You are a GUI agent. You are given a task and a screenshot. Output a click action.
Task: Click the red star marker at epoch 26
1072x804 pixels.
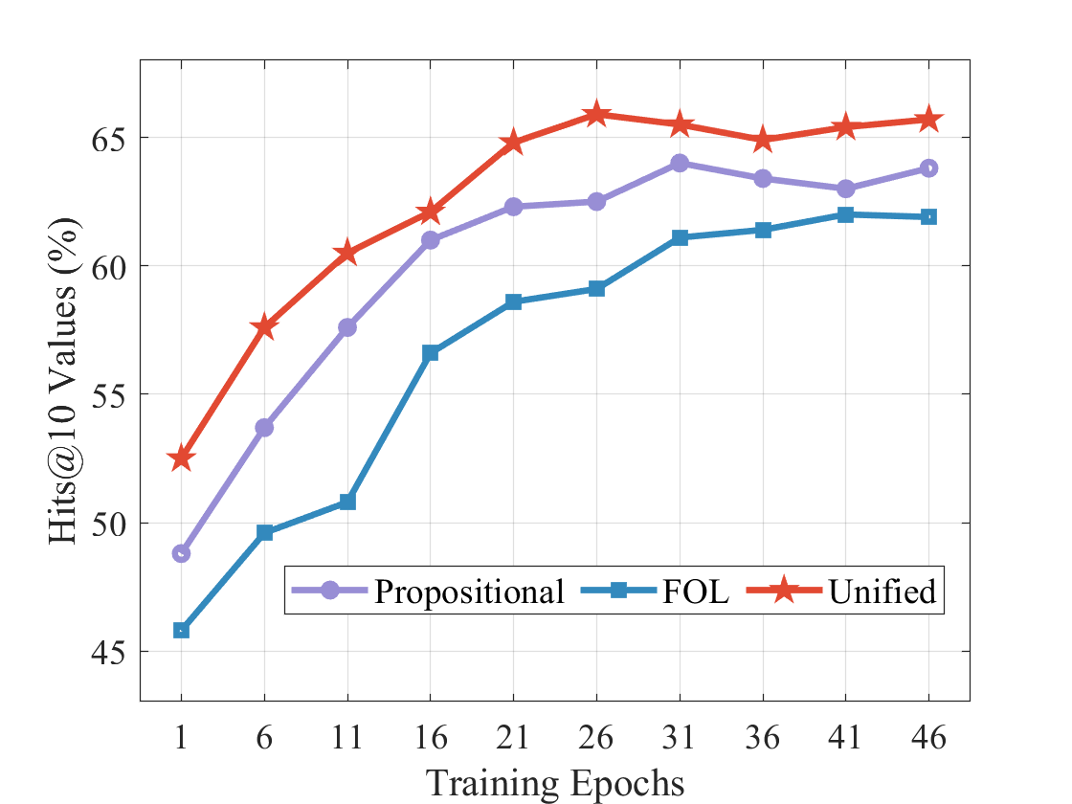(596, 114)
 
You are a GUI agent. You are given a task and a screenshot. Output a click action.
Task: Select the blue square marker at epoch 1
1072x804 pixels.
(182, 630)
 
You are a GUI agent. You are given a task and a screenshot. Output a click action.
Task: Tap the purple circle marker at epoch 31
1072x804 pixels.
(680, 163)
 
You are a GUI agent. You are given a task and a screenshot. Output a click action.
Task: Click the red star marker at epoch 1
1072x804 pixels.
(182, 458)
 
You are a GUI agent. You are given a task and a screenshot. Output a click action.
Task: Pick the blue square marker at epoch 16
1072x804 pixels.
(431, 353)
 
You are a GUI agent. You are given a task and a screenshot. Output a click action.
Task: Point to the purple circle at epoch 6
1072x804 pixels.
(264, 427)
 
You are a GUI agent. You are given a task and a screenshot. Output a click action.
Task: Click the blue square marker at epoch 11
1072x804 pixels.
(347, 502)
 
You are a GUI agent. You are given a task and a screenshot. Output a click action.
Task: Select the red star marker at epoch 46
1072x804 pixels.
(928, 120)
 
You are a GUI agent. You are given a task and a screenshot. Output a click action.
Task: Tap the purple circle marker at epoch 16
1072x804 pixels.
(431, 240)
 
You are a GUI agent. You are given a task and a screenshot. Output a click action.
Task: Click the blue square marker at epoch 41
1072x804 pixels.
(845, 214)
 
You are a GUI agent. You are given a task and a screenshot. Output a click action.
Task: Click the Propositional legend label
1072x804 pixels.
(469, 592)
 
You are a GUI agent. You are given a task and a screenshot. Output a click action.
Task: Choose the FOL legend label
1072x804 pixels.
(695, 592)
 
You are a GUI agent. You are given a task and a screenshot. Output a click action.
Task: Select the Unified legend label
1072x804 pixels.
(882, 592)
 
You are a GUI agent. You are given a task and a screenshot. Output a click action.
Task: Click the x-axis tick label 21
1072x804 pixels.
(513, 738)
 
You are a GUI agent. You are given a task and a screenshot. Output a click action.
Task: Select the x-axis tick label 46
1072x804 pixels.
(928, 738)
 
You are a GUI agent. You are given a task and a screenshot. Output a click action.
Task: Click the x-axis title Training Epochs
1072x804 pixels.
(555, 783)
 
